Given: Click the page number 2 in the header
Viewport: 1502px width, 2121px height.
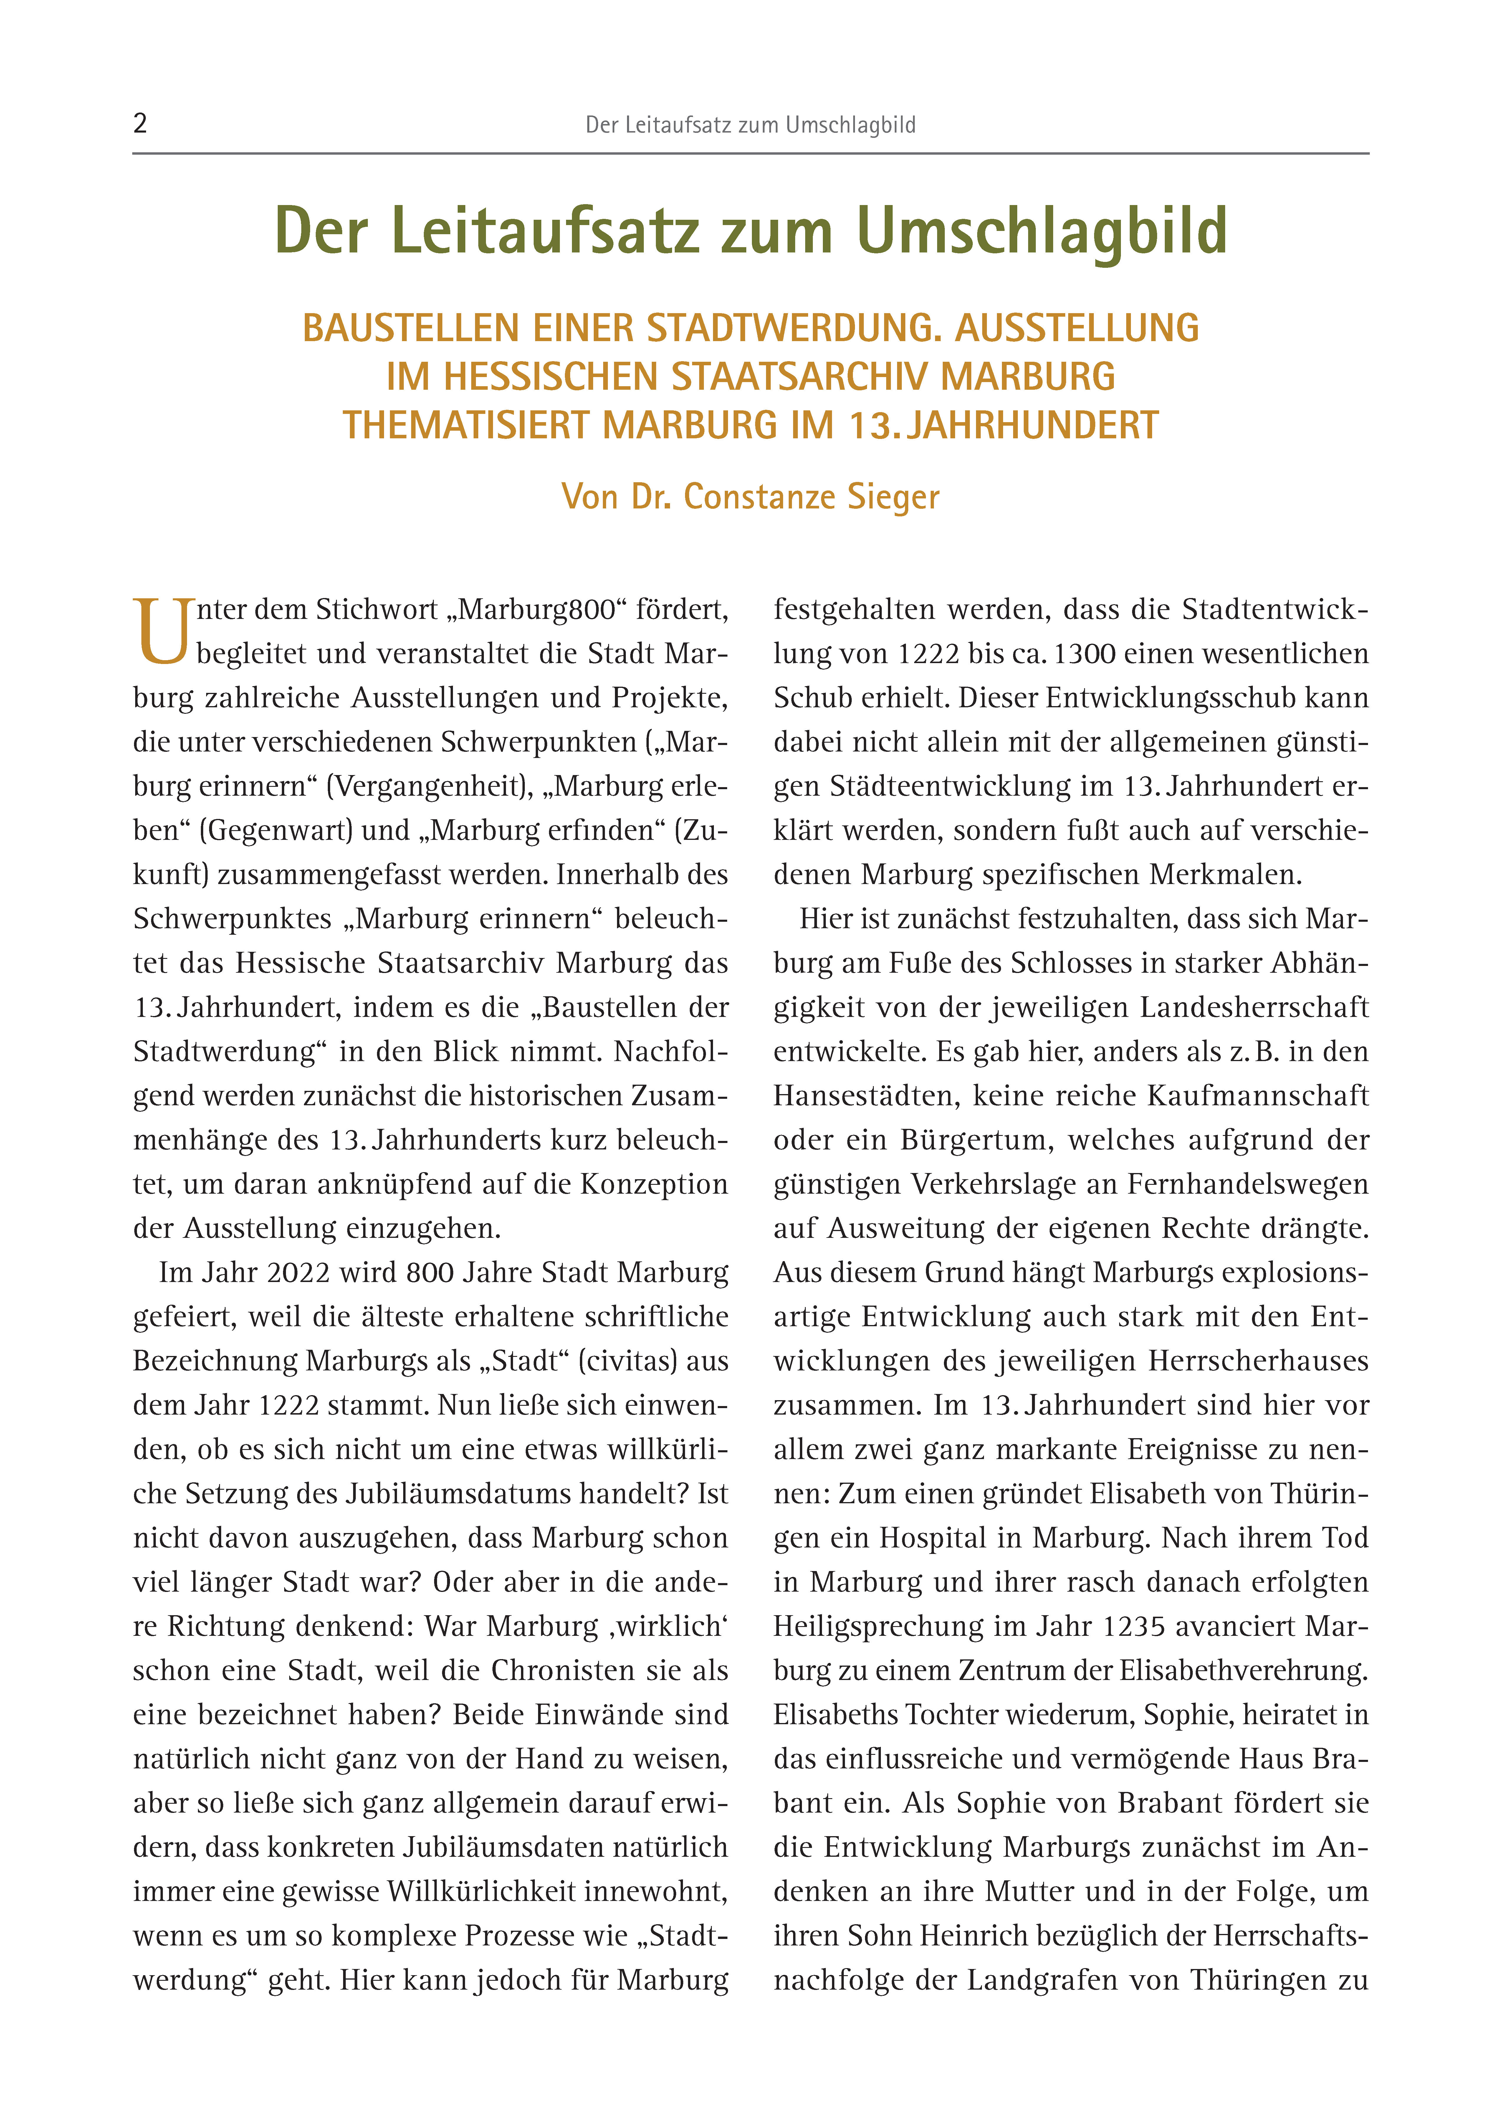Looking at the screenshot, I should [140, 123].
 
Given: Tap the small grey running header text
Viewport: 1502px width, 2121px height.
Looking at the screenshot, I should [750, 125].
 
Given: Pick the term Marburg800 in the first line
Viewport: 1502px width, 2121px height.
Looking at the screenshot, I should [537, 609].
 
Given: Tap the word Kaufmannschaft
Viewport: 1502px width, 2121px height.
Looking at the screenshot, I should [1258, 1096].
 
